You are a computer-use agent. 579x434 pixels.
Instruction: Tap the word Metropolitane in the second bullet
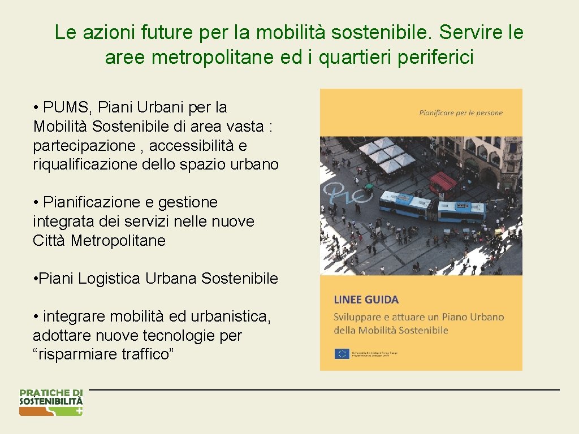(x=118, y=241)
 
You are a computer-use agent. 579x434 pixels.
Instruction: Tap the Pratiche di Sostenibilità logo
(x=51, y=402)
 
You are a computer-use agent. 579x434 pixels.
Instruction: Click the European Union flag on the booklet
(x=342, y=354)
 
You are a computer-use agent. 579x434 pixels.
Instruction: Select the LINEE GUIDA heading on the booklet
(x=366, y=300)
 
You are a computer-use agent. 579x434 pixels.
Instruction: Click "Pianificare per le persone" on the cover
(x=460, y=113)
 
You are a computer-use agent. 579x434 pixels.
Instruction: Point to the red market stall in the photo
(x=443, y=182)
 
